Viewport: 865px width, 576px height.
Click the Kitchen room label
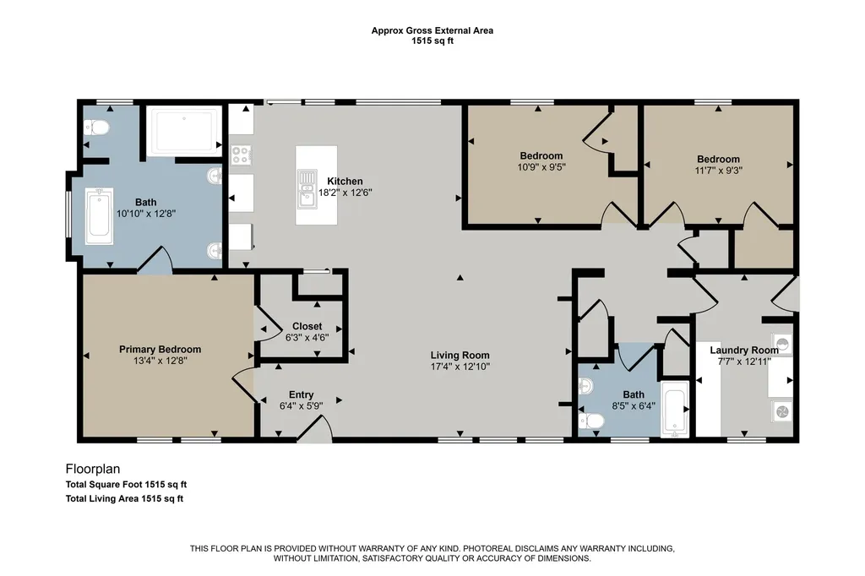click(x=345, y=181)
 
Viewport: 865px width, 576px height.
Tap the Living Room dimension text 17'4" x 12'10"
click(x=460, y=367)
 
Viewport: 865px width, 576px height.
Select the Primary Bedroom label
click(x=160, y=350)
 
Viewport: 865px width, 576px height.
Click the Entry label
click(x=302, y=394)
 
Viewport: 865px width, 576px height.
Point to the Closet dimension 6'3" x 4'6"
click(x=307, y=337)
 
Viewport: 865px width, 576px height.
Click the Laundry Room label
click(x=744, y=350)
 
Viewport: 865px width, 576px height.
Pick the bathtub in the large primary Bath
click(x=100, y=215)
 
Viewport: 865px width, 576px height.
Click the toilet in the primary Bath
click(x=97, y=128)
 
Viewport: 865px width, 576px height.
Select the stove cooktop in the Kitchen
click(x=241, y=155)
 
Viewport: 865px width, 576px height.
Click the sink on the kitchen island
click(x=307, y=188)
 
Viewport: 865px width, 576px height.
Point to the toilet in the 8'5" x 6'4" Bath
click(x=591, y=421)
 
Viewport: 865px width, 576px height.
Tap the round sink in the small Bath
click(x=586, y=386)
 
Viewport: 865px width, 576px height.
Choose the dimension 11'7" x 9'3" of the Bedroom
click(x=718, y=171)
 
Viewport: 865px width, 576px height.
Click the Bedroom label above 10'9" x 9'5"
click(x=541, y=155)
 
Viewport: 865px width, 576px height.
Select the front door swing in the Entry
click(x=315, y=427)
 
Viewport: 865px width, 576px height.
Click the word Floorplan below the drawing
click(x=93, y=469)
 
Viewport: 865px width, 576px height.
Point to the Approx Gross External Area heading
click(x=432, y=31)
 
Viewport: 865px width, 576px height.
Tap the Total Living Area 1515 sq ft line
click(x=124, y=499)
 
